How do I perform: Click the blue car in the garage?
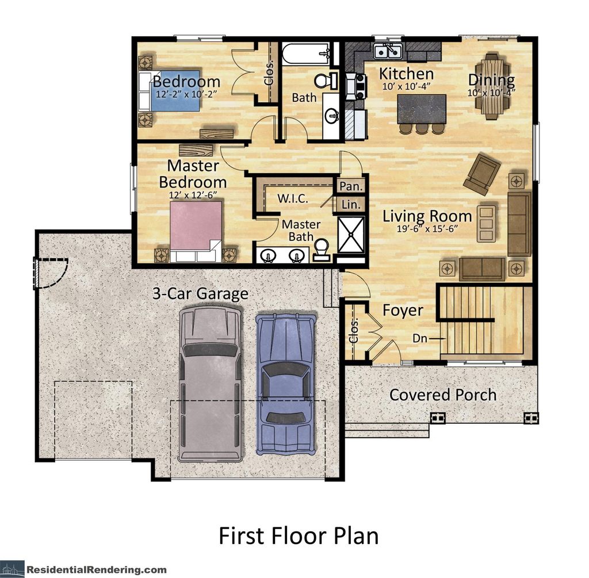285,382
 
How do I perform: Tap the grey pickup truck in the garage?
210,382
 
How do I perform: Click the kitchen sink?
388,52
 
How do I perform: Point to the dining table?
491,86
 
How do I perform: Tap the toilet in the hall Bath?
328,81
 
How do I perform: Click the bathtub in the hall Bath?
306,55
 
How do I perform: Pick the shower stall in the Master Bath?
351,234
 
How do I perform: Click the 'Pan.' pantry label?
350,186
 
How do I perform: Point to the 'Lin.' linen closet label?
350,204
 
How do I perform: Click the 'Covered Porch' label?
442,395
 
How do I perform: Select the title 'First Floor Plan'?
299,535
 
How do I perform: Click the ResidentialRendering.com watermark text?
96,569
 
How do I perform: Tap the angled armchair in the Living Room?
482,174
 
